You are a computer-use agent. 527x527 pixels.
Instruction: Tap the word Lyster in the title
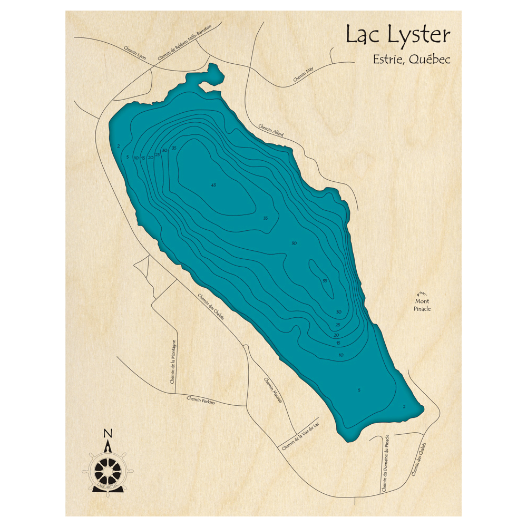pyautogui.click(x=419, y=36)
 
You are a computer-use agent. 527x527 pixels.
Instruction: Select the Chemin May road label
pyautogui.click(x=303, y=76)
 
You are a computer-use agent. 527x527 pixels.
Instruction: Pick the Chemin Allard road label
pyautogui.click(x=271, y=130)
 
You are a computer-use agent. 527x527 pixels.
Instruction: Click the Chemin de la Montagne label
pyautogui.click(x=173, y=364)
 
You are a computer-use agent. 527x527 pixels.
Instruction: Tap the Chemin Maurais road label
pyautogui.click(x=273, y=391)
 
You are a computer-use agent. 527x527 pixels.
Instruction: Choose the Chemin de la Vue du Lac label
pyautogui.click(x=301, y=436)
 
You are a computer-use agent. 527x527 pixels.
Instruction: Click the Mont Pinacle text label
pyautogui.click(x=422, y=305)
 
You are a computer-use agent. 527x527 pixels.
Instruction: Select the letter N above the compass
pyautogui.click(x=108, y=433)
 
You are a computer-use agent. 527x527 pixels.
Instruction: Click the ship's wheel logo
pyautogui.click(x=108, y=469)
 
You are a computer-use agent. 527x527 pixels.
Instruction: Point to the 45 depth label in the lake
pyautogui.click(x=213, y=185)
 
